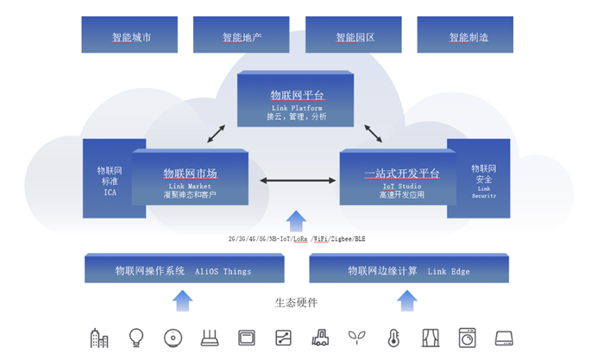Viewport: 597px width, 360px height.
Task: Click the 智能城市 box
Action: (130, 35)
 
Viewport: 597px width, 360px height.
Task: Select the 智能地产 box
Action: (241, 35)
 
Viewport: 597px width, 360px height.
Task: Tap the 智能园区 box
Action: (354, 35)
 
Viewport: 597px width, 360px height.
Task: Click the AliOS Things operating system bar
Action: (184, 269)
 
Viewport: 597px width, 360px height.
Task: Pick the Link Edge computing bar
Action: (409, 269)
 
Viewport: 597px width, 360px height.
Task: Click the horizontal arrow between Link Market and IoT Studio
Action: (298, 180)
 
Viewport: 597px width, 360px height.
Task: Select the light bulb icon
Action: (136, 338)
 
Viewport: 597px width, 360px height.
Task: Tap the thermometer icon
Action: (393, 338)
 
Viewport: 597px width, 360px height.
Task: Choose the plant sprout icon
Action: (356, 338)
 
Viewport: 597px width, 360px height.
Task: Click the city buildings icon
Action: (99, 338)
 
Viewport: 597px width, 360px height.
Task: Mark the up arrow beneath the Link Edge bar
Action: (407, 300)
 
